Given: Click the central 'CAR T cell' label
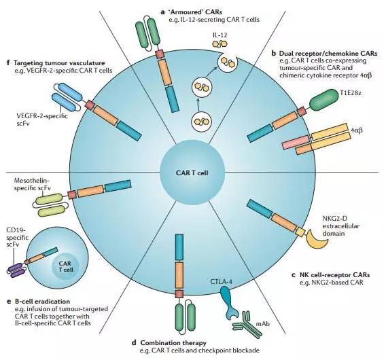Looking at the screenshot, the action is coord(192,173).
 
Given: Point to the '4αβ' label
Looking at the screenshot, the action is coord(357,130).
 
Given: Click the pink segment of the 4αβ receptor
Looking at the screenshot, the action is coord(296,143).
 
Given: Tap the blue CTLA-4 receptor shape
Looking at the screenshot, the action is coord(228,303).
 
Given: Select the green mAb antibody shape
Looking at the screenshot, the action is coord(247,323).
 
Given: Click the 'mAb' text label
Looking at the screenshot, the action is coord(263,323).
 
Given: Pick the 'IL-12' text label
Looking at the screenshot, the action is coord(220,35).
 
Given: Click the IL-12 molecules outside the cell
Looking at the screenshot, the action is coord(220,43).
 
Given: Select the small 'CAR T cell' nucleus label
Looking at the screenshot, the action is coord(66,266).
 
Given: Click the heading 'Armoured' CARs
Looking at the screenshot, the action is coord(192,12).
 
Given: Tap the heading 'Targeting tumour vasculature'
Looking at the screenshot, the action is coord(56,63).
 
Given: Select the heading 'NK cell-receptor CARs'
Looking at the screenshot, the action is coord(330,274).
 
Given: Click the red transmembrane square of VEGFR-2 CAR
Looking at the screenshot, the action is coord(89,105).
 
